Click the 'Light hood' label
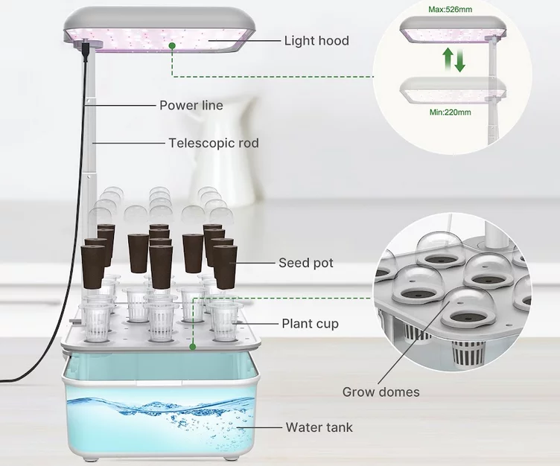pyautogui.click(x=316, y=40)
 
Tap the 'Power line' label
pyautogui.click(x=191, y=105)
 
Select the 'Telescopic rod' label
pyautogui.click(x=214, y=142)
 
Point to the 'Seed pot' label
pyautogui.click(x=305, y=263)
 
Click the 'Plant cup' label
pyautogui.click(x=310, y=323)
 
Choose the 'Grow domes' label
pyautogui.click(x=381, y=392)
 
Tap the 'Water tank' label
pyautogui.click(x=319, y=427)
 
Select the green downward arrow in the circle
pyautogui.click(x=460, y=61)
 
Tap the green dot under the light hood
pyautogui.click(x=172, y=46)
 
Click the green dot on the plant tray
pyautogui.click(x=192, y=346)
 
